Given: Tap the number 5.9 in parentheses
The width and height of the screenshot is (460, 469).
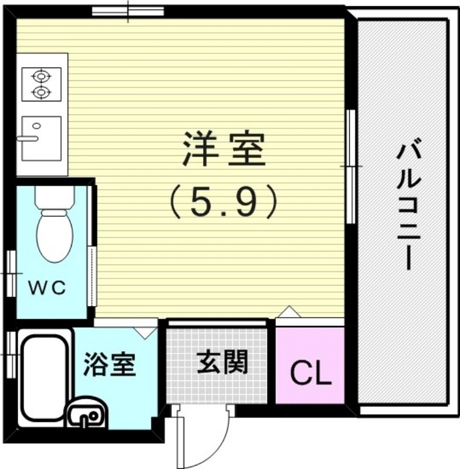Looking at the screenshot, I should tap(223, 202).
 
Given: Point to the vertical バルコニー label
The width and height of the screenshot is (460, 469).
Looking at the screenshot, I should tap(405, 205).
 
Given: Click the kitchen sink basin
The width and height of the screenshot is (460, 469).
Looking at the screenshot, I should tap(41, 138).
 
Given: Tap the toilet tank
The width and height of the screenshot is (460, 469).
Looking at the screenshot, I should tap(54, 197).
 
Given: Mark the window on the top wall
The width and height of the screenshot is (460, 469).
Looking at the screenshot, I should tap(128, 11).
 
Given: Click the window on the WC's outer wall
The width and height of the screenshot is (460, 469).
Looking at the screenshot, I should tap(11, 271).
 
